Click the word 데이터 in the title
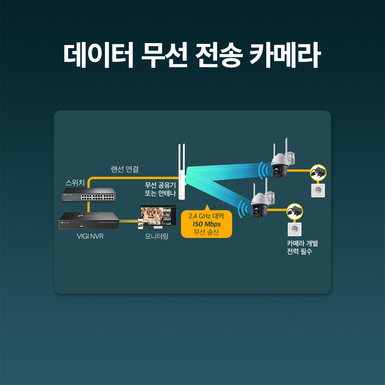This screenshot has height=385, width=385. [x=99, y=55]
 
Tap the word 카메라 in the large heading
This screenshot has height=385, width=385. [x=285, y=55]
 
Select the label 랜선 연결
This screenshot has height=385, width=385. [x=125, y=169]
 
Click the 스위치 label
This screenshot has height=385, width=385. [x=75, y=182]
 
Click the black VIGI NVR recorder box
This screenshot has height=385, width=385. [x=89, y=221]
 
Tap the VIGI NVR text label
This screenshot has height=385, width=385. [x=90, y=236]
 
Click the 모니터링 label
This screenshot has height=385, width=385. [x=157, y=236]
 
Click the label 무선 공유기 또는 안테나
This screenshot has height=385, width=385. [x=160, y=189]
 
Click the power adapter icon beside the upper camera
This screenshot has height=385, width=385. [x=318, y=172]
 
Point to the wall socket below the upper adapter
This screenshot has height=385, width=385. [x=318, y=191]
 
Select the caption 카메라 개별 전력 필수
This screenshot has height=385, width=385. [x=302, y=248]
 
